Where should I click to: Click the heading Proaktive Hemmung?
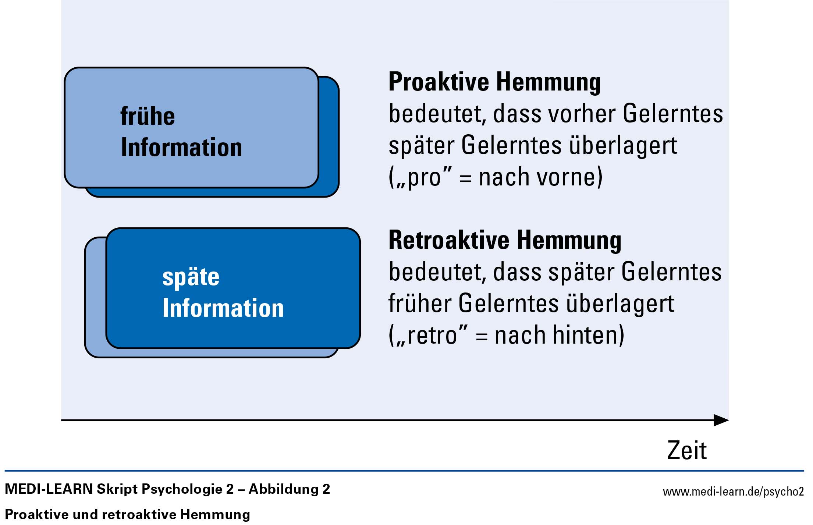pyautogui.click(x=494, y=82)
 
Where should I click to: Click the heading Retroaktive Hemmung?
pyautogui.click(x=505, y=241)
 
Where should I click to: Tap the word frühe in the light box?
pyautogui.click(x=148, y=116)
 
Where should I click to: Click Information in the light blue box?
pyautogui.click(x=181, y=147)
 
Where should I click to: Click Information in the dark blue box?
pyautogui.click(x=223, y=308)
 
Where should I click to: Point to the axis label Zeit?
pyautogui.click(x=687, y=450)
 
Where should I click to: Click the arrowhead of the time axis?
pyautogui.click(x=721, y=420)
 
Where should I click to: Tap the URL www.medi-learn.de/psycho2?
pyautogui.click(x=733, y=492)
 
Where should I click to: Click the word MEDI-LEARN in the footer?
pyautogui.click(x=49, y=489)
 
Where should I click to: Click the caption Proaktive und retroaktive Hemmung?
pyautogui.click(x=127, y=514)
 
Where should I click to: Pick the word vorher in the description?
pyautogui.click(x=582, y=113)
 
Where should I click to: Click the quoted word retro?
pyautogui.click(x=432, y=336)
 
